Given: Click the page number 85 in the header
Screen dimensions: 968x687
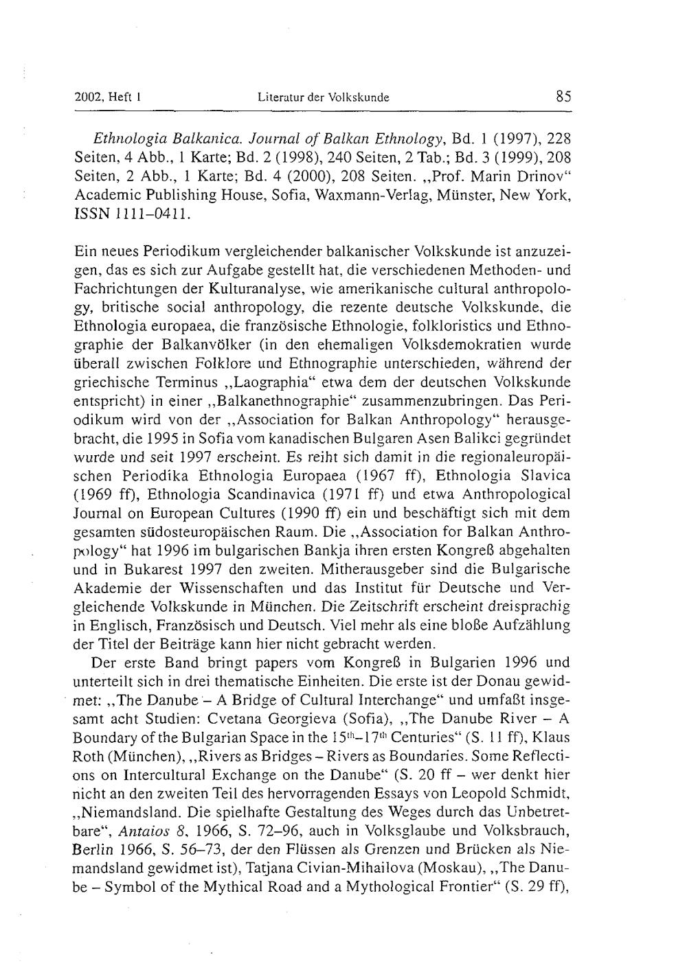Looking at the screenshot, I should pos(563,97).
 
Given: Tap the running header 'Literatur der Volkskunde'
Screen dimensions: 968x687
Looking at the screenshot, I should pos(323,97).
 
